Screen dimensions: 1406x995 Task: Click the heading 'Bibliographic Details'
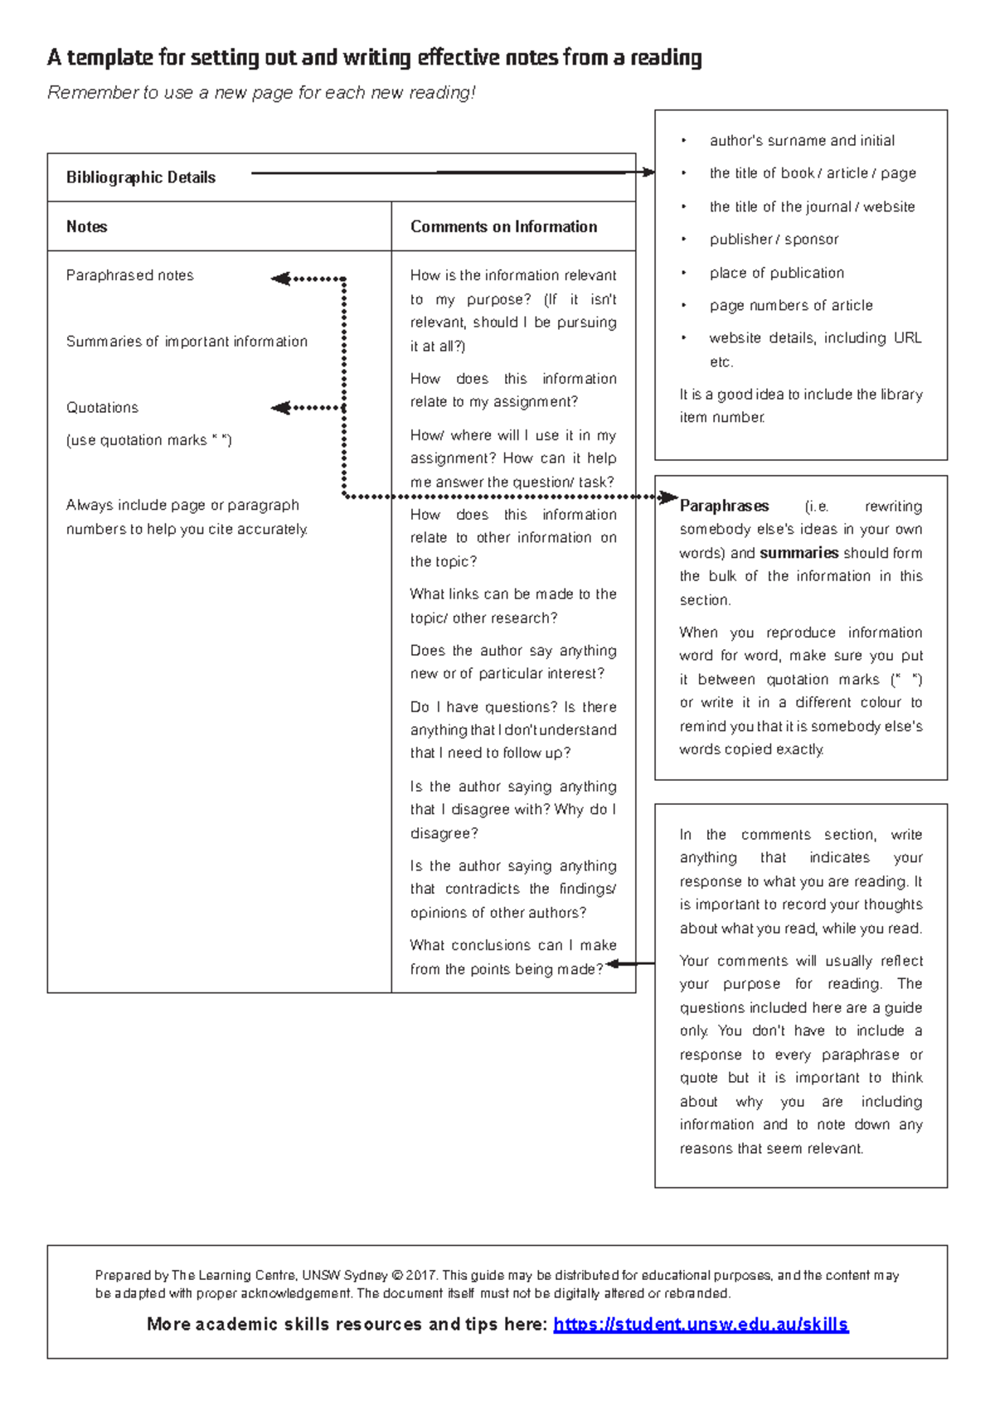(140, 177)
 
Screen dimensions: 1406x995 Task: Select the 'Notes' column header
(86, 226)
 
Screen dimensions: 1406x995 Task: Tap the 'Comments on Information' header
(503, 226)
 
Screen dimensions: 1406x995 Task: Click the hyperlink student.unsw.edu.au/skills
(701, 1324)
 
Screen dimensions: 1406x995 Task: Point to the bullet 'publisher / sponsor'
(774, 240)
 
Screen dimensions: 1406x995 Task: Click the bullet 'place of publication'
(776, 273)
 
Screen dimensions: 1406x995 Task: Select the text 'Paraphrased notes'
(129, 275)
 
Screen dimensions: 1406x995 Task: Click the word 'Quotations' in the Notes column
(102, 408)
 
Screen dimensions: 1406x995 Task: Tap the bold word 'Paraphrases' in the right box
(724, 506)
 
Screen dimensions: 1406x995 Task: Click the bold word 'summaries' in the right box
(798, 553)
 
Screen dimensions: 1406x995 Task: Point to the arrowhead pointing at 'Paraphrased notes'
(279, 279)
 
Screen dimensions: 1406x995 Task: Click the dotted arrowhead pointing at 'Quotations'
(279, 407)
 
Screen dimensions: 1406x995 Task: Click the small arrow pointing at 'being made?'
(614, 963)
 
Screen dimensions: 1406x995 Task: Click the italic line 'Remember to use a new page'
(261, 93)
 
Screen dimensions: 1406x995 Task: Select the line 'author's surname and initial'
(801, 141)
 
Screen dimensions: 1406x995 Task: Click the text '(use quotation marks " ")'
(148, 440)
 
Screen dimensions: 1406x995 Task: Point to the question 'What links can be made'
(512, 594)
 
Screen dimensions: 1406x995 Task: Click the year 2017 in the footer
(422, 1275)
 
